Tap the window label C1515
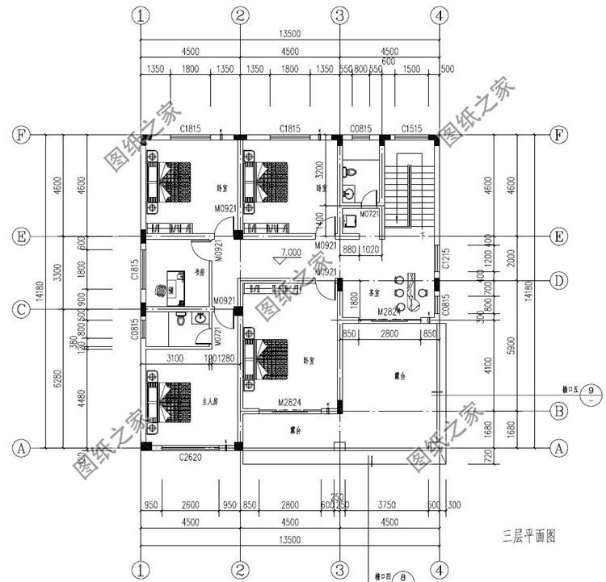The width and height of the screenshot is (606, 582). (413, 128)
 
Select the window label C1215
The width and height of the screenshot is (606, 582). (445, 258)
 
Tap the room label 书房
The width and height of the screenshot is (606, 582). (199, 274)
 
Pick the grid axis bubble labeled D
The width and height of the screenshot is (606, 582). (557, 280)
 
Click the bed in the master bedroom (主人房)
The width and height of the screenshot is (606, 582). (168, 400)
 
